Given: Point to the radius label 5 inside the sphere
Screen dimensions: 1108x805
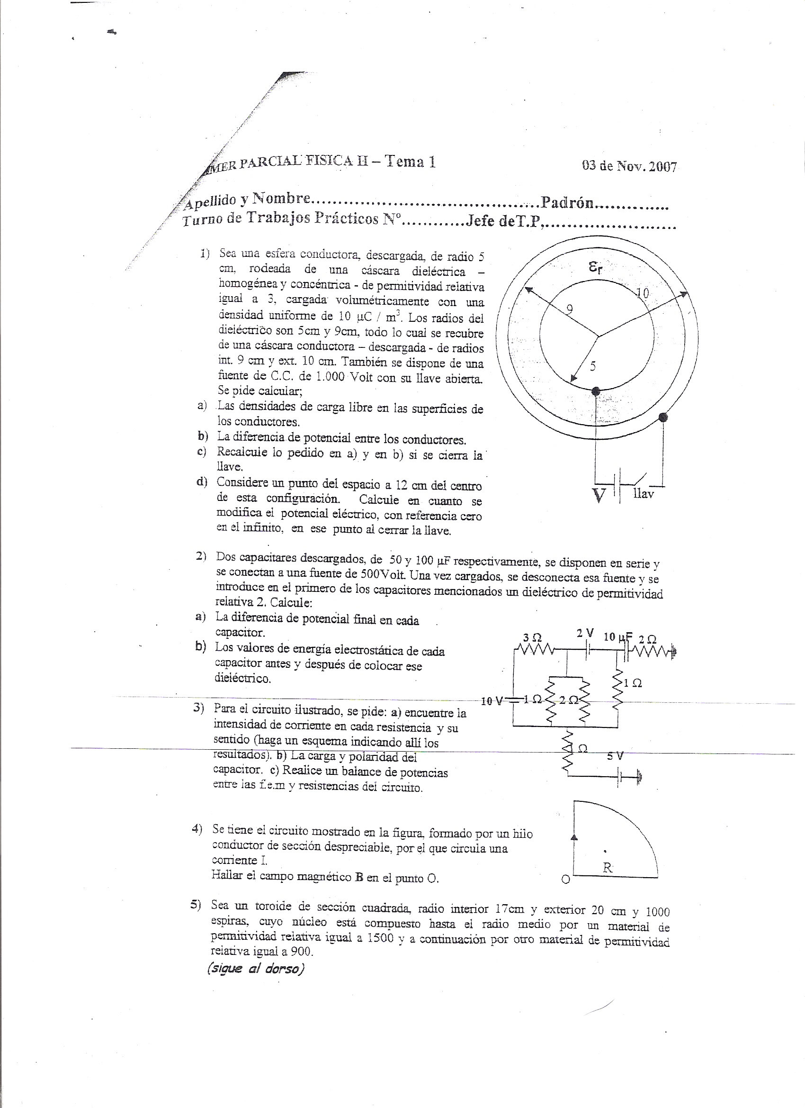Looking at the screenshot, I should [593, 366].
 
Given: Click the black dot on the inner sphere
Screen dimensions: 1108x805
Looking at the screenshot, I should [596, 391].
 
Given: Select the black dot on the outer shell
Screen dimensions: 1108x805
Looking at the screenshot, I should [662, 417].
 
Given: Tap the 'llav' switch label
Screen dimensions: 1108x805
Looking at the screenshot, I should [643, 493].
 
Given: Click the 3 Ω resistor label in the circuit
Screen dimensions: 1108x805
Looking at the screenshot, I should [532, 637].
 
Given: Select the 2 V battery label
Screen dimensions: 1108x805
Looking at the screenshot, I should [585, 633].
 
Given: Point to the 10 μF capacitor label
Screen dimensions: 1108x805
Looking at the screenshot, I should [618, 637].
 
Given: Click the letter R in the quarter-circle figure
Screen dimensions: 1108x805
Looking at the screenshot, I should [607, 868].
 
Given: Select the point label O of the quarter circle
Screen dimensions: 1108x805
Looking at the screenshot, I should [565, 880].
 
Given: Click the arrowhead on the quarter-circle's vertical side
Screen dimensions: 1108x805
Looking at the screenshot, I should [574, 837].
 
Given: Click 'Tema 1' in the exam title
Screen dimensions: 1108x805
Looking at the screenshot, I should [410, 161].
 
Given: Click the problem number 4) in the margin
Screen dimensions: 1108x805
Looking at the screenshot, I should [197, 828].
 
